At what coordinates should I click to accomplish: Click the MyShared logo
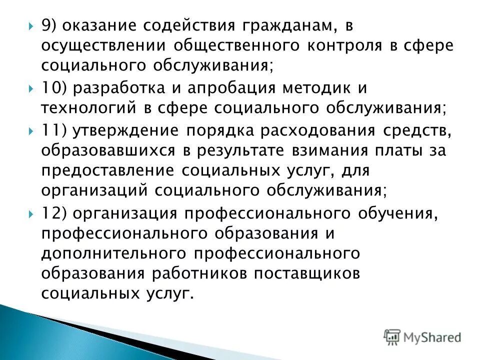[x=422, y=336]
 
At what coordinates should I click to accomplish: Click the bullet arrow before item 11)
[x=31, y=130]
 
